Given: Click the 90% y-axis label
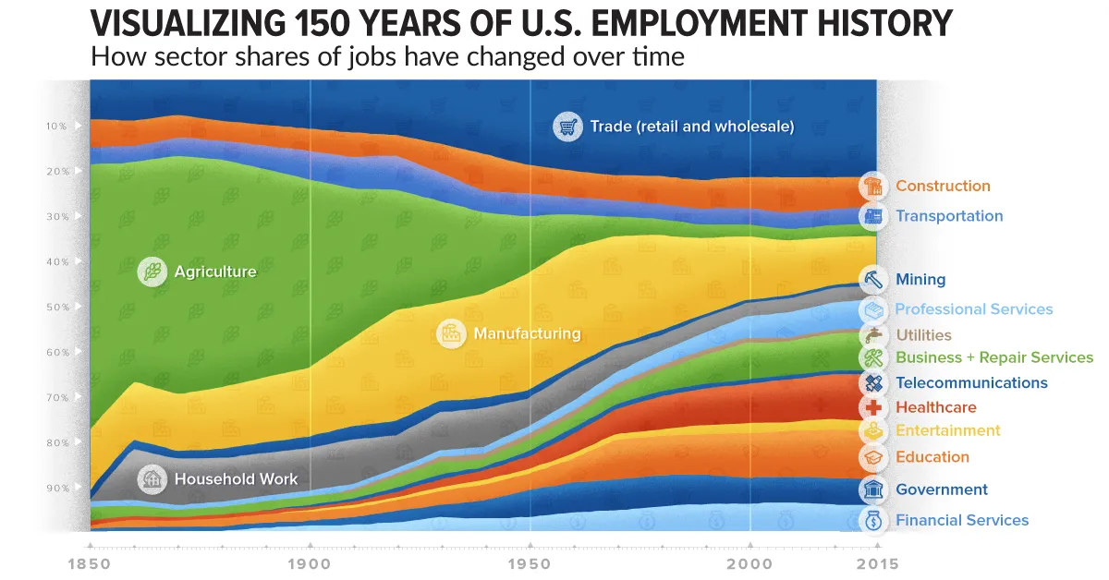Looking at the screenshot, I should (x=57, y=489).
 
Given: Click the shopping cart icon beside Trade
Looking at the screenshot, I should (x=567, y=127).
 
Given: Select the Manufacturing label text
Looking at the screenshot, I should (x=527, y=333).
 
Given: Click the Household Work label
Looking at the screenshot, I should (x=236, y=479).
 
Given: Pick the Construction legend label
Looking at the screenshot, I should (x=943, y=186).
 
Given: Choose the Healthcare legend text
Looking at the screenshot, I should (x=935, y=407).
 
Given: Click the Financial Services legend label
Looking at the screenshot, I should (x=961, y=520).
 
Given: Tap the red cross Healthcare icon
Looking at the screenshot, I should (x=873, y=407).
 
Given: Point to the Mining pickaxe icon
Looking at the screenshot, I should (x=873, y=279).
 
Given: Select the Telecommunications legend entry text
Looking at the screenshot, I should (x=971, y=382).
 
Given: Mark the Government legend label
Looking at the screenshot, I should (x=941, y=489).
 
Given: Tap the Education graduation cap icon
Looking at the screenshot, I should (x=873, y=457).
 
